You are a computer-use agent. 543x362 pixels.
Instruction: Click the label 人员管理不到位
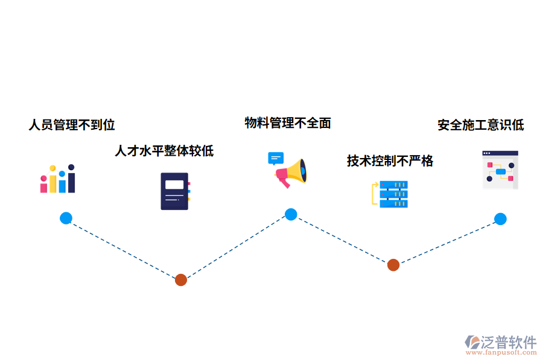[x=72, y=125]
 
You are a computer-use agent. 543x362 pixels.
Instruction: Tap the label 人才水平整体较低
[x=164, y=150]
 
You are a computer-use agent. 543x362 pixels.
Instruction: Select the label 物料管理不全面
[x=288, y=123]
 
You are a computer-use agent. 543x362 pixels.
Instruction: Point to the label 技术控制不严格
[x=390, y=160]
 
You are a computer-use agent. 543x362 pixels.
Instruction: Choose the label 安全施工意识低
[x=481, y=125]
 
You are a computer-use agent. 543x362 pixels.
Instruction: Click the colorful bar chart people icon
[x=58, y=179]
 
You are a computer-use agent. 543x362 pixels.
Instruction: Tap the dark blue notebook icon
[x=175, y=191]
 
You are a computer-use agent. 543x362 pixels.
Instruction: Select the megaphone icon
[x=290, y=173]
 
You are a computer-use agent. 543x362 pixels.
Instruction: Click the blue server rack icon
[x=390, y=194]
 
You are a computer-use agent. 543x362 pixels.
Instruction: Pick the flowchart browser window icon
[x=500, y=170]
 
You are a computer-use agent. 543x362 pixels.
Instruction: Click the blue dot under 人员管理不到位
[x=66, y=218]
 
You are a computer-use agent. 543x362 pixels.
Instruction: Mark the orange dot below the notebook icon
[x=180, y=280]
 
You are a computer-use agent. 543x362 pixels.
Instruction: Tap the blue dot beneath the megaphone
[x=291, y=214]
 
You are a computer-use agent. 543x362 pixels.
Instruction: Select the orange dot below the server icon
[x=393, y=265]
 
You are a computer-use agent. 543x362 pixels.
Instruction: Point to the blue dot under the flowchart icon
[x=500, y=219]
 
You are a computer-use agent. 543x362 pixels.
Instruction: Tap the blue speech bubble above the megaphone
[x=276, y=159]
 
